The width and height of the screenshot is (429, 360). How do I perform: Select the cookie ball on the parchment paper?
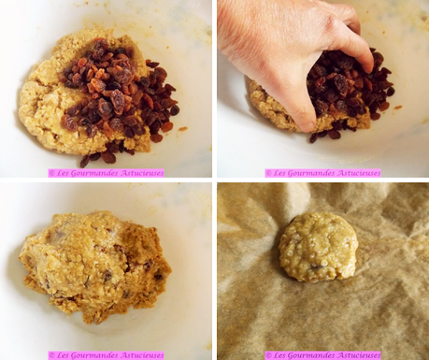click(x=318, y=246)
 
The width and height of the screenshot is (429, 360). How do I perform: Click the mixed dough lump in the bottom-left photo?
click(x=93, y=266)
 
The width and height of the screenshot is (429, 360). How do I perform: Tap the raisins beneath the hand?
click(x=355, y=94)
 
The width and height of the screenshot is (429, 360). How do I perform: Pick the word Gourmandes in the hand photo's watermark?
click(x=307, y=173)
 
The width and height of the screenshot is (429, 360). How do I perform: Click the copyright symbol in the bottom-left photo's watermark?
click(x=51, y=355)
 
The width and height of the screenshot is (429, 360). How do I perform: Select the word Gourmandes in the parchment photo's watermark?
click(x=307, y=355)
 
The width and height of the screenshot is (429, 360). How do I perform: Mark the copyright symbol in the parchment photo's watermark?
click(x=268, y=355)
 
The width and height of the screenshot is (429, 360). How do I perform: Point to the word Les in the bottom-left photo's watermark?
click(x=64, y=355)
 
